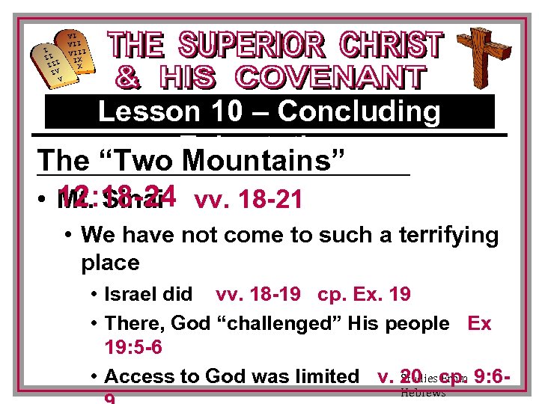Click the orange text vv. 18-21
click(x=248, y=200)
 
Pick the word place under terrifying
click(x=110, y=263)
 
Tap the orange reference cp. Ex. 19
click(x=364, y=294)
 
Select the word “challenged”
click(x=267, y=323)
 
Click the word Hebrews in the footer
click(x=423, y=393)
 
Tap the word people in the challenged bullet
click(x=415, y=323)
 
